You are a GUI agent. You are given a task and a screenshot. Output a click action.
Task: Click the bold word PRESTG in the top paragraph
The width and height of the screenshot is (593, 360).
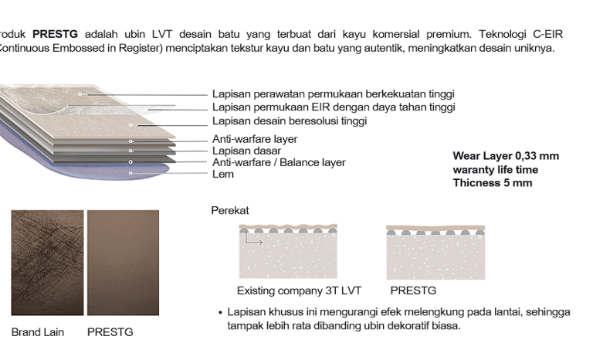coord(55,35)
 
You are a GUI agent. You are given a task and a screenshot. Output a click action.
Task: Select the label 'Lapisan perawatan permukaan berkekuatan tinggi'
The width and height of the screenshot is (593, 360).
coord(333,94)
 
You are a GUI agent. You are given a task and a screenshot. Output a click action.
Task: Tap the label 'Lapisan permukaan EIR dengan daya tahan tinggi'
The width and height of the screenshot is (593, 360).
coord(334,107)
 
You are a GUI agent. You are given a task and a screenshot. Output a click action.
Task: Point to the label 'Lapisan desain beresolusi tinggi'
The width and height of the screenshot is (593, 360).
coord(290,121)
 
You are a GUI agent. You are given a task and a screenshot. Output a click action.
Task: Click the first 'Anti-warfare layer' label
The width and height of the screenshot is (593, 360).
coord(255,140)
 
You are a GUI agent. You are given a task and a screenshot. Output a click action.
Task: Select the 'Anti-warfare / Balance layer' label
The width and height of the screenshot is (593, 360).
coord(279,163)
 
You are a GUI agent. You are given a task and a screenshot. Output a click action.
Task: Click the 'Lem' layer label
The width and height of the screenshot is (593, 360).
coord(223,175)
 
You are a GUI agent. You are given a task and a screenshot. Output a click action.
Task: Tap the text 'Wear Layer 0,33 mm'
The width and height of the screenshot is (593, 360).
coord(506,156)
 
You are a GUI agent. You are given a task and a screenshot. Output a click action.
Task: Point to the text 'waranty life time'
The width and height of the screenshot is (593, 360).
coord(496,170)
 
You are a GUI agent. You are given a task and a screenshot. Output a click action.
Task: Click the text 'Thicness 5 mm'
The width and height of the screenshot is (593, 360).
coord(493,183)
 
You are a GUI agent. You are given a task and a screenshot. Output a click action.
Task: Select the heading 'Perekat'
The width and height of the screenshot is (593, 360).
coord(230,211)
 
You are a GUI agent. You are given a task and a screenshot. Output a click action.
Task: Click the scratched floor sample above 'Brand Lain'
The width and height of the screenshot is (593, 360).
coord(47,263)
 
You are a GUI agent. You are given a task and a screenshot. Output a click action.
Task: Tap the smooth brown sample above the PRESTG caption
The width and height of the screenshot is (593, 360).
coord(123,263)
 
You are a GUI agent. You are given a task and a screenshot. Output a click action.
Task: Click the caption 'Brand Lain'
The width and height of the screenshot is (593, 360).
coord(38,332)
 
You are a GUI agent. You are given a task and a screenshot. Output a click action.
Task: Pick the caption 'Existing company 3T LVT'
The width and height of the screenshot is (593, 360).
coord(299,291)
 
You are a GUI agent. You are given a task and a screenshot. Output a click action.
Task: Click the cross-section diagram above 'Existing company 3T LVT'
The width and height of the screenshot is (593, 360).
coord(288,252)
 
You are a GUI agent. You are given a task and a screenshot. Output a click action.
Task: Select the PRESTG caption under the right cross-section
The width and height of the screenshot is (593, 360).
coord(413,291)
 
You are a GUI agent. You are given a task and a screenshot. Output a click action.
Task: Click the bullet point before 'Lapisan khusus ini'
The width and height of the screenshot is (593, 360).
coord(220,312)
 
